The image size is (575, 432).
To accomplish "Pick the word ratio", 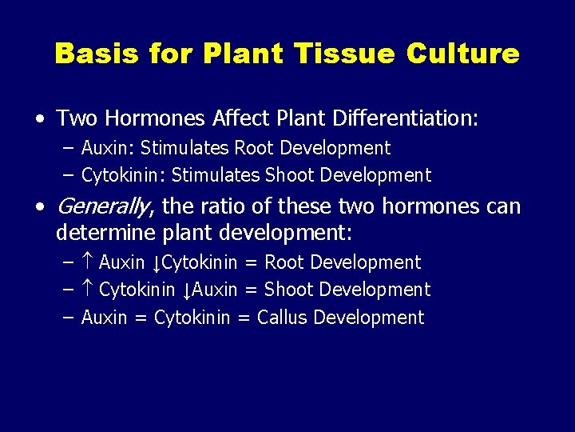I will [x=224, y=206].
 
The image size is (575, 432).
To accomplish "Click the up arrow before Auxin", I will [x=88, y=262].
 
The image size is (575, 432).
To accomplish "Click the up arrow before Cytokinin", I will [x=88, y=290].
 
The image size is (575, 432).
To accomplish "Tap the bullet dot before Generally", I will [x=40, y=207].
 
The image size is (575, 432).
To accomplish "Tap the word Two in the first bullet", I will [x=75, y=119].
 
